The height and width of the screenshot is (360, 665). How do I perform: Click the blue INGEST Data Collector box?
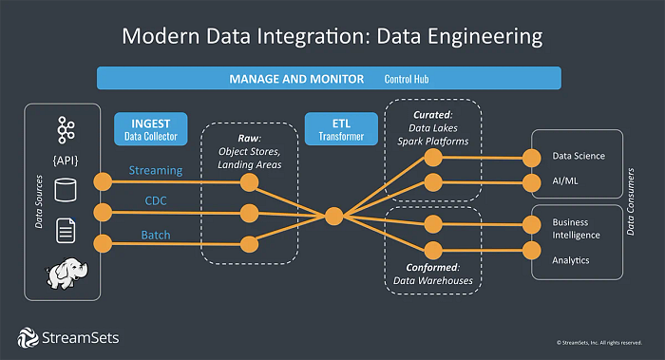pos(150,129)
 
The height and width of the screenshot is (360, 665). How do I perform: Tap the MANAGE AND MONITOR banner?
pos(329,78)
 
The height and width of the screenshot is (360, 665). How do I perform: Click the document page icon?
pos(66,231)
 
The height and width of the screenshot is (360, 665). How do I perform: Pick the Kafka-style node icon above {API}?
pos(66,129)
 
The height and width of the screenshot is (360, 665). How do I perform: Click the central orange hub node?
pos(332,216)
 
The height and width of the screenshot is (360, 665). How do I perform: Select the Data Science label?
pos(579,156)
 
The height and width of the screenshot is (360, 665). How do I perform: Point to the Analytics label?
pos(571,259)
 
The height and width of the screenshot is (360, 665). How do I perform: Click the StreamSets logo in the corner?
pos(68,336)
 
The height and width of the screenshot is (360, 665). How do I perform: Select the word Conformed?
pos(422,267)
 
